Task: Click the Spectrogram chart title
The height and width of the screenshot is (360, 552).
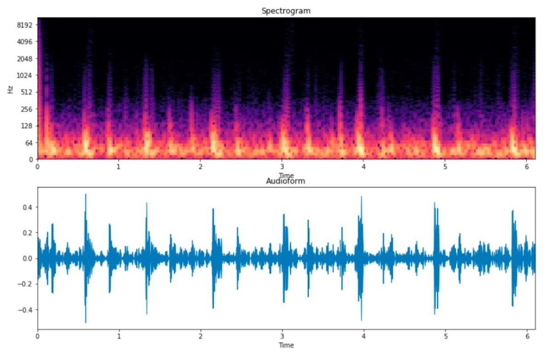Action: tap(286, 11)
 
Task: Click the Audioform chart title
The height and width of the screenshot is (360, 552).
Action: tap(286, 181)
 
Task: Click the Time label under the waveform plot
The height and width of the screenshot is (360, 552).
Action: tap(286, 345)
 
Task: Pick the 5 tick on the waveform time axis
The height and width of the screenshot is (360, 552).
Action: tap(445, 337)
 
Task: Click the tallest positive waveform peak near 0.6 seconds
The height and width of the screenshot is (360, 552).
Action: tap(86, 194)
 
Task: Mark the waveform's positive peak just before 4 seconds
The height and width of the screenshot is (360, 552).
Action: tap(361, 197)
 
